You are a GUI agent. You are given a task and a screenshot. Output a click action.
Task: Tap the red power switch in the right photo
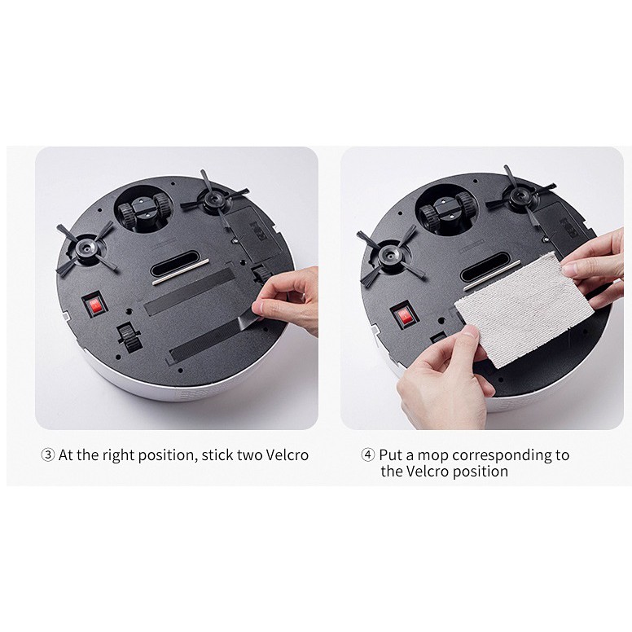(404, 316)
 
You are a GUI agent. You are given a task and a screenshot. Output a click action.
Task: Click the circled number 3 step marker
(48, 455)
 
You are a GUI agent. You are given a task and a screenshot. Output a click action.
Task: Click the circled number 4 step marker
(367, 455)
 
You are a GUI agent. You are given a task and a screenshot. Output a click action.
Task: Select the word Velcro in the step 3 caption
(287, 455)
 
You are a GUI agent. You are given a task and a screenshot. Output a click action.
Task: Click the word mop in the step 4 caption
(432, 456)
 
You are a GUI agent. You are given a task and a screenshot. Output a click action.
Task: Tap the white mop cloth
(524, 309)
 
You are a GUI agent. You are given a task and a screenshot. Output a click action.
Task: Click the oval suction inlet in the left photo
(175, 263)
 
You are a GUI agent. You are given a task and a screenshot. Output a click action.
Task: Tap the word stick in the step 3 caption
(217, 455)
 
